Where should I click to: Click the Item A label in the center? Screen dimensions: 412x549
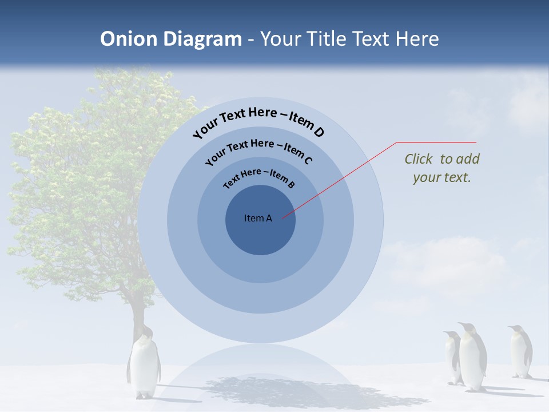point(258,218)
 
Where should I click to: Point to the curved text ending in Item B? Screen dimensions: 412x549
point(258,177)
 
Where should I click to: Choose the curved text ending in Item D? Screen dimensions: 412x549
point(258,120)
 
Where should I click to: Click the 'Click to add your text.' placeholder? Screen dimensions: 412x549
point(442,168)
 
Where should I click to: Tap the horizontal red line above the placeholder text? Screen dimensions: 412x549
point(436,142)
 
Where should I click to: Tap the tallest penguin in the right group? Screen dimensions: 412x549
point(472,358)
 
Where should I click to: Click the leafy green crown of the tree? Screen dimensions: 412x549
point(91,172)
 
